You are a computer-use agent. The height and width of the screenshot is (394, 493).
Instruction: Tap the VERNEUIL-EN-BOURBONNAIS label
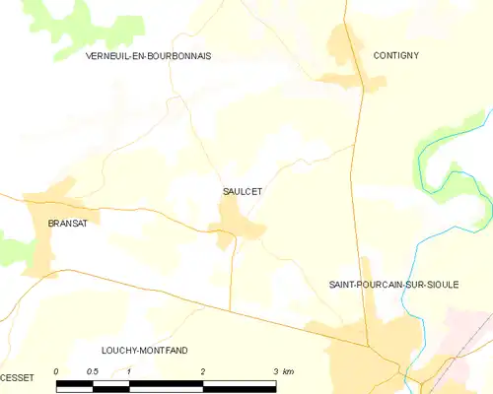point(149,56)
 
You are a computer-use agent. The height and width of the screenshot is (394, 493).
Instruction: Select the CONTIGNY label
point(396,56)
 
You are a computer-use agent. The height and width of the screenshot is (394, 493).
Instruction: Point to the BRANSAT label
point(68,224)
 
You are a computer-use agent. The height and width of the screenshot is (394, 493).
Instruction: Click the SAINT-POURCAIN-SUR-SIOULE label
point(393,284)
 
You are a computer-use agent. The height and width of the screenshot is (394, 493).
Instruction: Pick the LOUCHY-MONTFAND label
point(145,350)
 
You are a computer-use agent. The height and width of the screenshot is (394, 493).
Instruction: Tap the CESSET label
point(17,377)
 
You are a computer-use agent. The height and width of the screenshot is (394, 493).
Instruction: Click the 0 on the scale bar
point(57,370)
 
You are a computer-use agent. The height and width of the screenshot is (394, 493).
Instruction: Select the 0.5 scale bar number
point(92,370)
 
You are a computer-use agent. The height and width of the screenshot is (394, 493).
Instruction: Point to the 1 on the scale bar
point(129,370)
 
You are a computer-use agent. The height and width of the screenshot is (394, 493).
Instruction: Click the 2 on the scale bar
point(202,370)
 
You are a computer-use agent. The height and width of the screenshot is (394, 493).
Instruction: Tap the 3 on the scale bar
point(275,370)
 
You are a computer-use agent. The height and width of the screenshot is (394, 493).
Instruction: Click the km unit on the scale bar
point(288,370)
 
